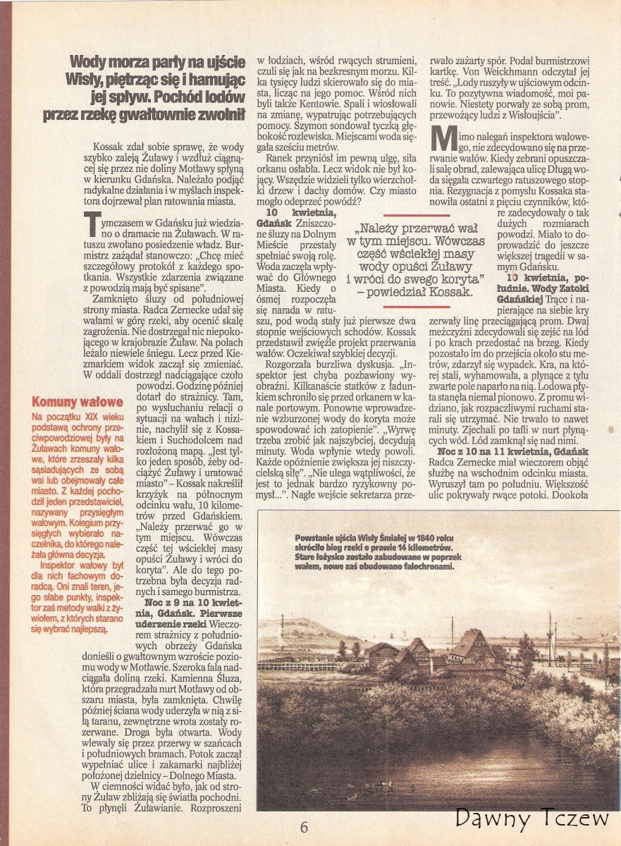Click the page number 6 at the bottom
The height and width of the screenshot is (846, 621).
tap(304, 827)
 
